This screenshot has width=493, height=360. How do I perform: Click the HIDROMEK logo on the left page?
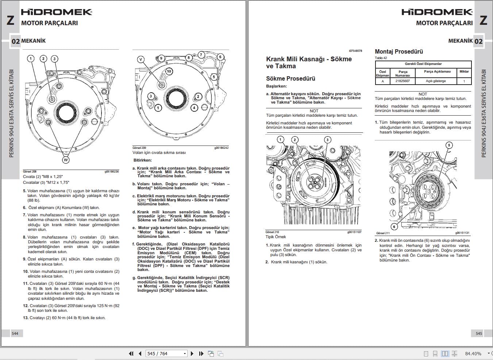pos(57,12)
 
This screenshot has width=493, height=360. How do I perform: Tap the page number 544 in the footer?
pos(15,333)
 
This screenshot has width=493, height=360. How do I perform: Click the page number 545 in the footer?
pos(479,333)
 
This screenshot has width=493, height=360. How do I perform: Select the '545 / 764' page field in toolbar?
pos(166,353)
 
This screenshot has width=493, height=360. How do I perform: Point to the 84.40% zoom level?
pos(473,353)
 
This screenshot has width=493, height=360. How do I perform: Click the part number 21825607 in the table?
pos(403,81)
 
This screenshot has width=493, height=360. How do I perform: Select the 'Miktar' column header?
pos(464,71)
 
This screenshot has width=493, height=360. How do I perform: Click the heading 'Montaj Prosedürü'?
pos(399,51)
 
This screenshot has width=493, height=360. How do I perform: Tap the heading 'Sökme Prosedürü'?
pos(290,78)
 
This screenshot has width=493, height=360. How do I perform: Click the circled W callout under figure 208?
pos(66,159)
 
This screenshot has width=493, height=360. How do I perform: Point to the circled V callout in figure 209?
pos(141,59)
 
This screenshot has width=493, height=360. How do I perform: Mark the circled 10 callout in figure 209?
pos(169,71)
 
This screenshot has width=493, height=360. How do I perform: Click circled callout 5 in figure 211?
pos(449,145)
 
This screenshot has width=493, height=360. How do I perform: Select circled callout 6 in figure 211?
pos(394,227)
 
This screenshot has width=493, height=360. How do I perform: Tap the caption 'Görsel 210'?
pos(272,232)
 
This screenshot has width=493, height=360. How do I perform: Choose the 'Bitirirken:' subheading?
pos(143,160)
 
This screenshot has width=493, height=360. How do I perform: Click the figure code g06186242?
pos(221,148)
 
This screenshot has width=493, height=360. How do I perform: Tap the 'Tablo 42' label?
pos(381,58)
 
